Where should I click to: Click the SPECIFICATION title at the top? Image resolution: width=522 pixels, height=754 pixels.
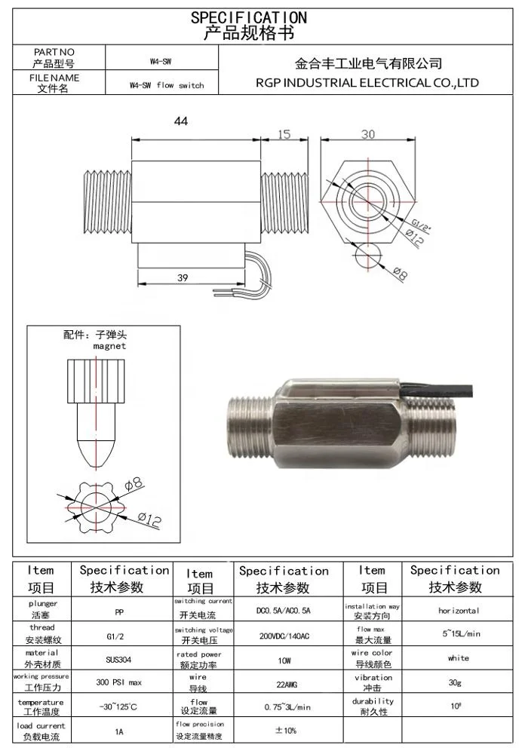tap(248, 17)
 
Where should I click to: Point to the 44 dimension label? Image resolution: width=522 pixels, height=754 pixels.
tap(180, 121)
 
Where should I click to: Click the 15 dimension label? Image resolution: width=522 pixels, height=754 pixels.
tap(284, 134)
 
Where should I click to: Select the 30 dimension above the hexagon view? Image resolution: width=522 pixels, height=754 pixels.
tap(367, 134)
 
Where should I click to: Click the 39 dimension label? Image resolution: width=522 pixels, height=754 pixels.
tap(183, 277)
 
